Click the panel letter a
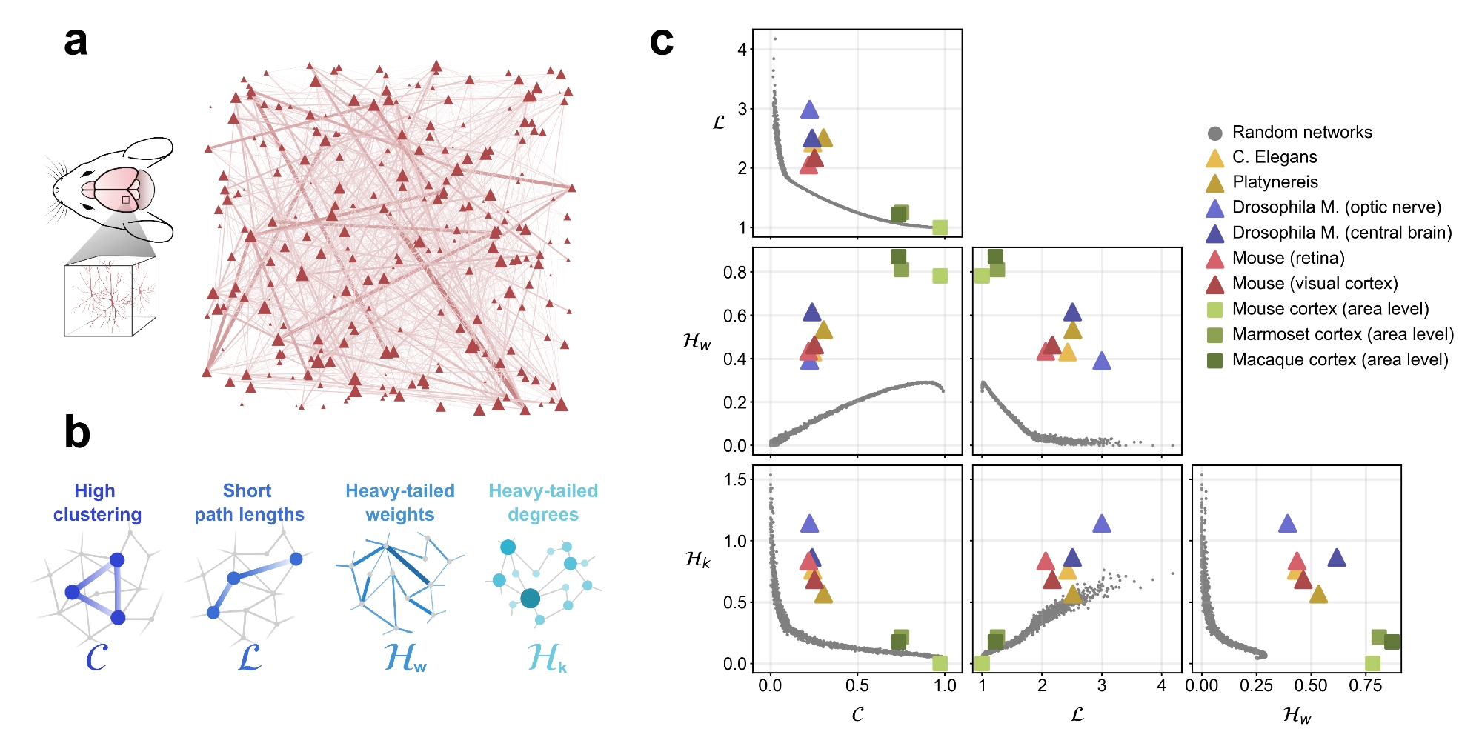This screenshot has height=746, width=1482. point(76,42)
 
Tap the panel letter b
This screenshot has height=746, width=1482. point(77,433)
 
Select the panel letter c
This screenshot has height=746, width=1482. point(661,42)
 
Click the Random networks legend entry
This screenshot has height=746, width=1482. point(1301,133)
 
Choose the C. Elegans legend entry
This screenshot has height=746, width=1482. point(1274,158)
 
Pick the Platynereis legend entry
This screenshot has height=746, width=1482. point(1275,183)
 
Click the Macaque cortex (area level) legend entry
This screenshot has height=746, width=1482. point(1339,360)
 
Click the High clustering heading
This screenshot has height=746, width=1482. point(96,503)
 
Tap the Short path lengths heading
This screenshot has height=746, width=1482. point(249,503)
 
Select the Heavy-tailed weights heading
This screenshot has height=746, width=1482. point(400,503)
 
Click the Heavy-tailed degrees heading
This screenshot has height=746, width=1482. point(543,503)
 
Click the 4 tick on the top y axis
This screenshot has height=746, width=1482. point(742,50)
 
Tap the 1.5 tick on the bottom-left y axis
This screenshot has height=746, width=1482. point(735,480)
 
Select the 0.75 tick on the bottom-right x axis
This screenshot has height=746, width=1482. point(1365,686)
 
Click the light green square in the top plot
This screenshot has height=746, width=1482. point(940,227)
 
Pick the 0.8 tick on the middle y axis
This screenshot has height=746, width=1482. point(735,273)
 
